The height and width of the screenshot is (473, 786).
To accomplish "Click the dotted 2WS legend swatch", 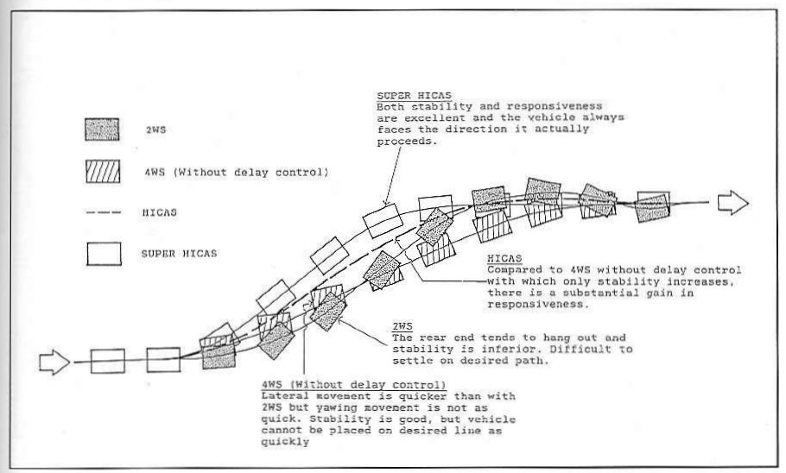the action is tap(102, 129).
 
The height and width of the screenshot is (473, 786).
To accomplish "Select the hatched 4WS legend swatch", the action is tap(103, 172).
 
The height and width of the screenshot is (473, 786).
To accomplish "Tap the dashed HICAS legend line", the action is tap(104, 212).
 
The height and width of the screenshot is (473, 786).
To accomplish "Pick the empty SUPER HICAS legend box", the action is tap(104, 254).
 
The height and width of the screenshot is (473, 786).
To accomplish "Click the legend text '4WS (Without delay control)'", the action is tap(237, 173).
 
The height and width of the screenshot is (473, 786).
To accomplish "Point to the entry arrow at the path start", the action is tap(54, 362).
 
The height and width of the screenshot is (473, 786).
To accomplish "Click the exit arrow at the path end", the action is tap(732, 203).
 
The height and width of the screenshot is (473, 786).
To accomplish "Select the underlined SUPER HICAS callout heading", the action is tap(414, 95).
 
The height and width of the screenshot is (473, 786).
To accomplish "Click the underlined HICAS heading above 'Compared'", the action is tap(504, 259).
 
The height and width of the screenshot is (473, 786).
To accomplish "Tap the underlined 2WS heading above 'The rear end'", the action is tap(403, 326).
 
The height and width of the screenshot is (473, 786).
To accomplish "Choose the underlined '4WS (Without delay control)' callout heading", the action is tap(353, 385).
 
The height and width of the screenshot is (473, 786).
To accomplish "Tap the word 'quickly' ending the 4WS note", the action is tap(285, 442).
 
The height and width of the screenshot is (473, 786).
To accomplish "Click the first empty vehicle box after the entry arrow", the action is tap(108, 361).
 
